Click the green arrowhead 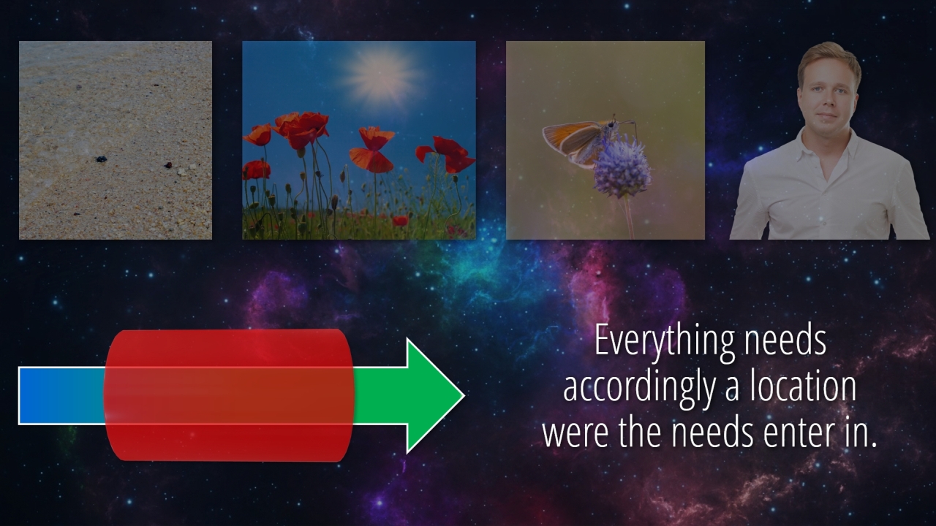click(x=435, y=396)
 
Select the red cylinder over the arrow click(x=229, y=396)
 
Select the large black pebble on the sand click(x=101, y=159)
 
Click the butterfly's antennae click(x=626, y=123)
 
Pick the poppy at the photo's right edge click(x=448, y=153)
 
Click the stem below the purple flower click(x=628, y=218)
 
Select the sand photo click(x=116, y=140)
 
